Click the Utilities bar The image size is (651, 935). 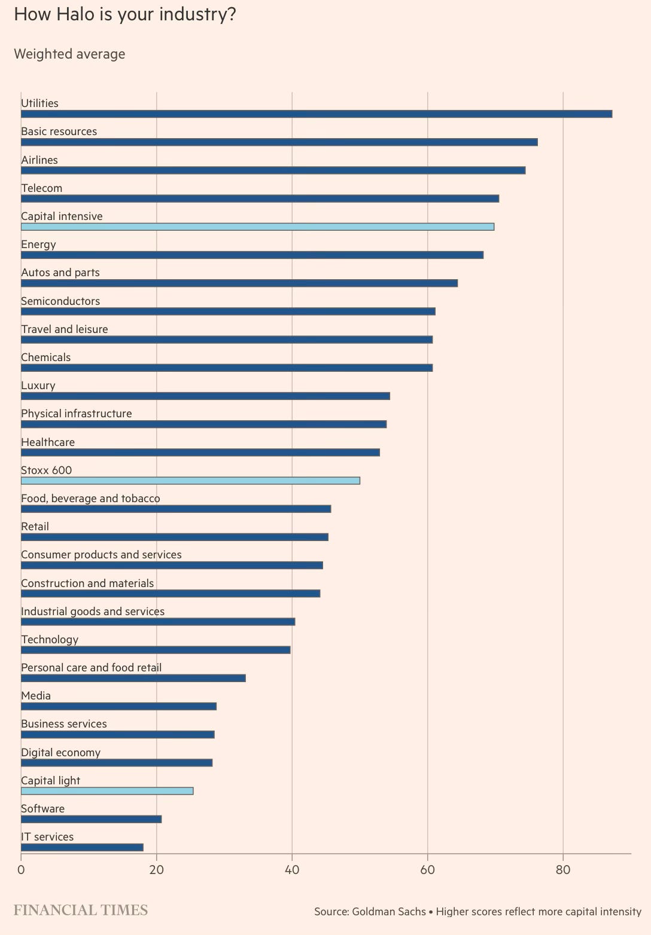(317, 114)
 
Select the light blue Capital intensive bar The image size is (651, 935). (257, 227)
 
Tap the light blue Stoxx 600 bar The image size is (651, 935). (190, 481)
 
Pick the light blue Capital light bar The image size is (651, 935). (107, 790)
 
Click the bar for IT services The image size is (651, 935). (82, 847)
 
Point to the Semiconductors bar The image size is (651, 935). (228, 311)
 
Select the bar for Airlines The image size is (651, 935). (273, 170)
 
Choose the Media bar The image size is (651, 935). (118, 706)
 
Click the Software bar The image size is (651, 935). (91, 819)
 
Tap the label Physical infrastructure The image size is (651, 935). (77, 414)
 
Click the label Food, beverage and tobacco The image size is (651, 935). (90, 499)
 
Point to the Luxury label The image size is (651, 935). (38, 386)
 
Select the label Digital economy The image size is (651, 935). (60, 753)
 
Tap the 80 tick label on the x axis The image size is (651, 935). (563, 870)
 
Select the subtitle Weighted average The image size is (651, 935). (69, 54)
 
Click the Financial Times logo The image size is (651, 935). (81, 910)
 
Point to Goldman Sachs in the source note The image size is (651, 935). (388, 912)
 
